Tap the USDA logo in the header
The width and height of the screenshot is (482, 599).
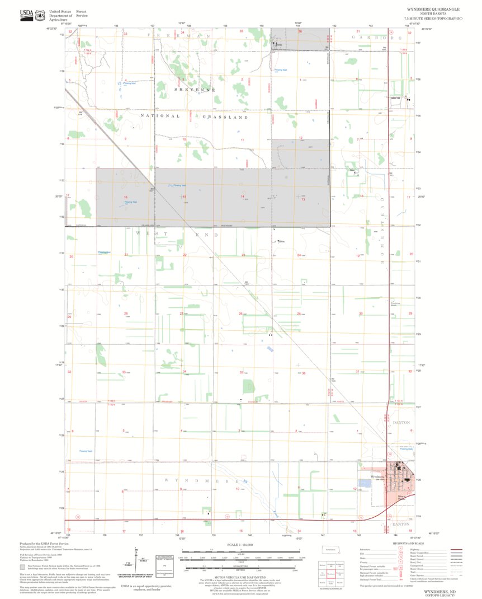[26, 15]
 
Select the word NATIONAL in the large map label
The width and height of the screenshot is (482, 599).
[160, 116]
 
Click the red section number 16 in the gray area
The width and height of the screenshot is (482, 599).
[126, 198]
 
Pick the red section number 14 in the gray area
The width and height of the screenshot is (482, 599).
[242, 196]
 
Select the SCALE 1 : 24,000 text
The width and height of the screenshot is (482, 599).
[240, 544]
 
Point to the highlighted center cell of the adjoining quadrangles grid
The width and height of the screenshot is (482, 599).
[331, 573]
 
